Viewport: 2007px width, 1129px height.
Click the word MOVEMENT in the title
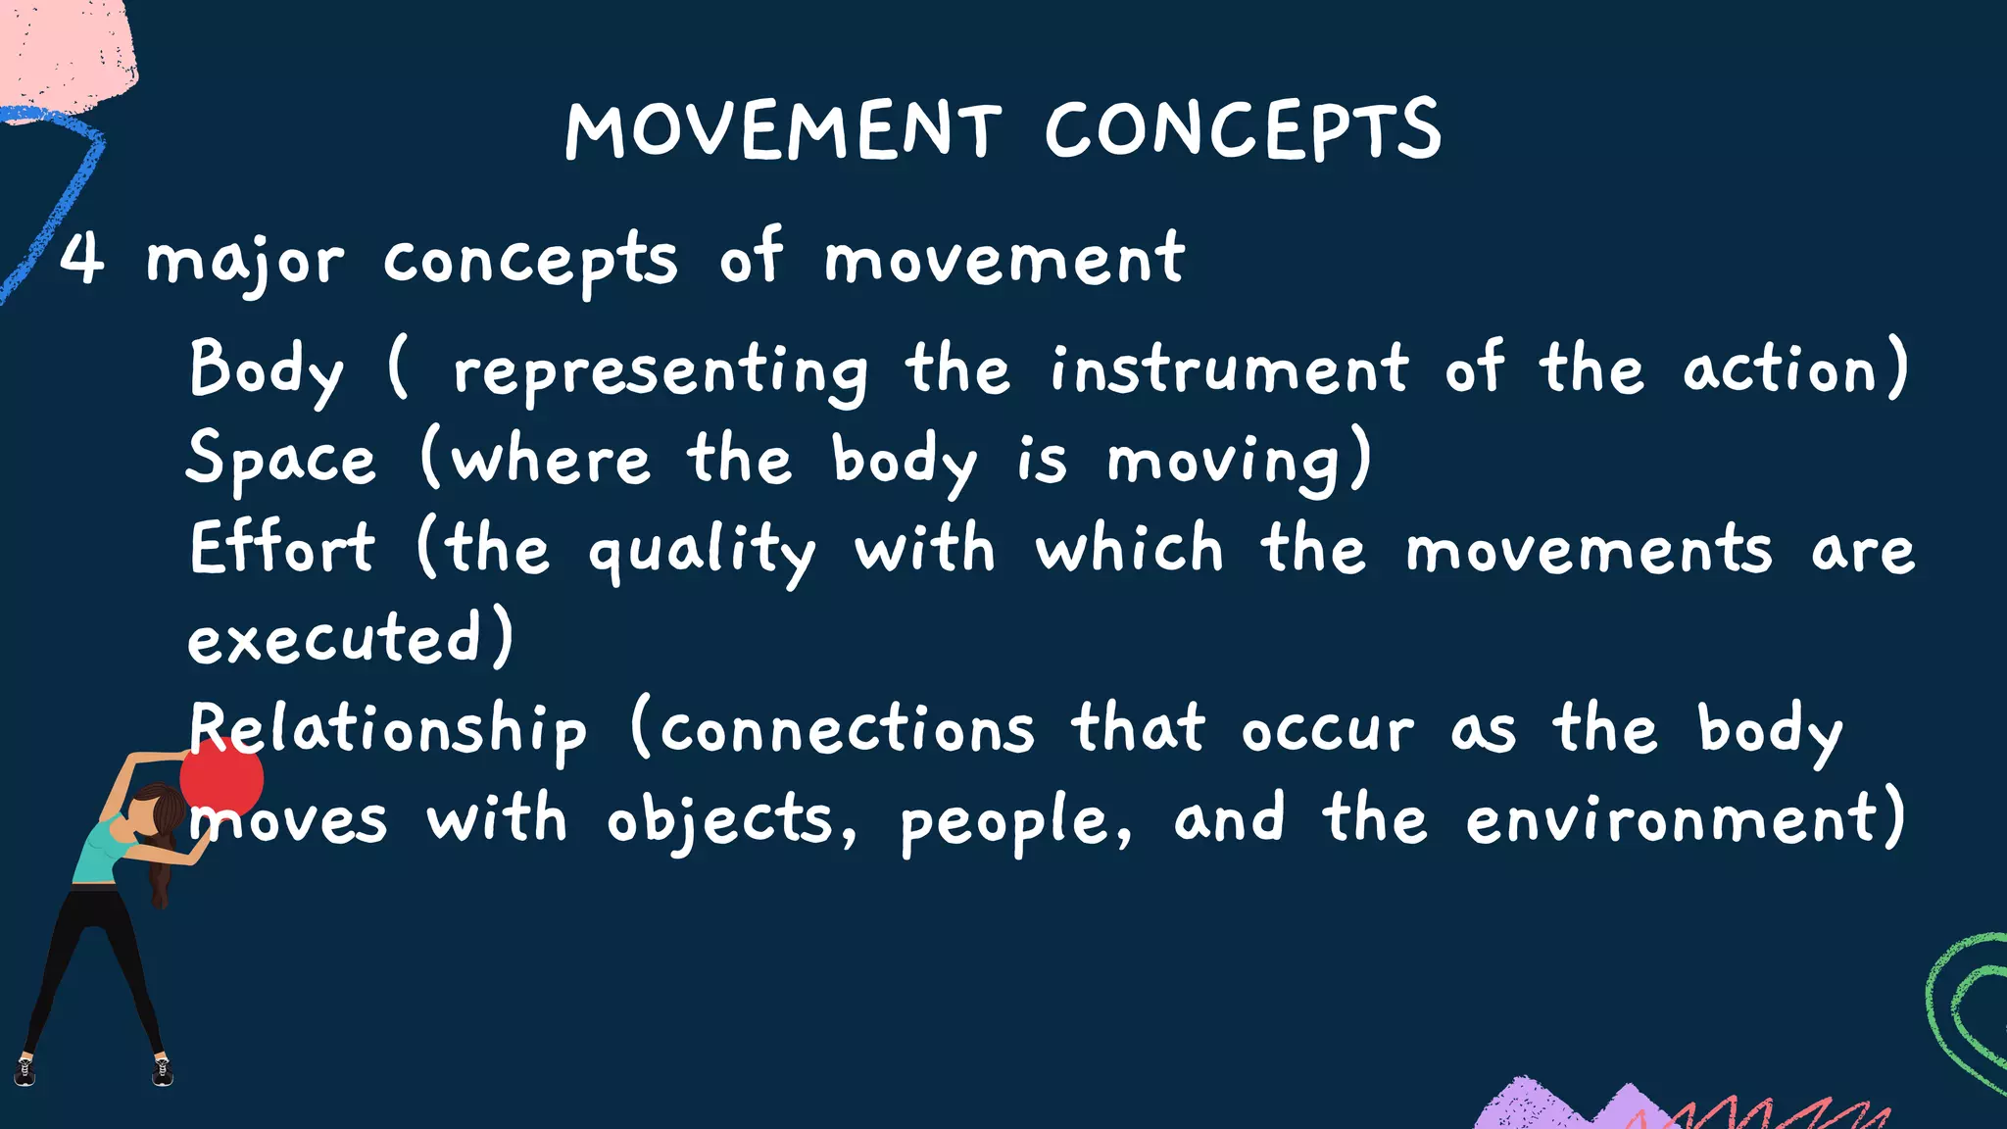[x=783, y=130]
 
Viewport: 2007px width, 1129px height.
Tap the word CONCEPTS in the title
[x=1243, y=130]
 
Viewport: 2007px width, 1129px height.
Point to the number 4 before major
[x=81, y=259]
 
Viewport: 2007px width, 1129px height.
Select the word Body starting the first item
[x=266, y=369]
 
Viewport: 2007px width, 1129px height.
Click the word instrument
[x=1229, y=369]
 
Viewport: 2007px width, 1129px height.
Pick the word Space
[x=280, y=459]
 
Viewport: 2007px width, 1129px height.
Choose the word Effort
[x=281, y=548]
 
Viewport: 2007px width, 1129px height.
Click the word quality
[x=701, y=551]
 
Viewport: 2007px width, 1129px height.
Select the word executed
[x=334, y=639]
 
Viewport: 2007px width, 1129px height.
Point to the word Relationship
[x=388, y=730]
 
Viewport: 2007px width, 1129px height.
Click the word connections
[x=848, y=730]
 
